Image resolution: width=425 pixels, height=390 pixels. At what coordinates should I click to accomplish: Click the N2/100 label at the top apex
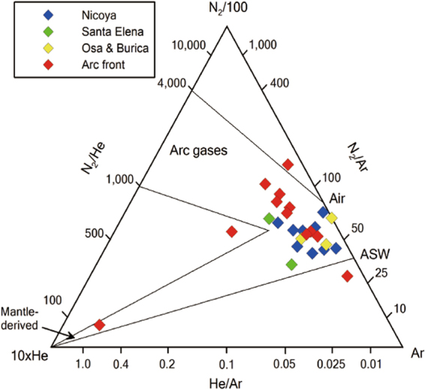[225, 10]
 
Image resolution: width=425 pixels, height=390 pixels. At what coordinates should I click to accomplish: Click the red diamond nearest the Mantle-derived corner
[99, 325]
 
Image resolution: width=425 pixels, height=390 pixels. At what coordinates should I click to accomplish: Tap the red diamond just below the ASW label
[347, 277]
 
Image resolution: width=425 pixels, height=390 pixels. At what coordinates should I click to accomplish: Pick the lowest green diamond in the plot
[291, 264]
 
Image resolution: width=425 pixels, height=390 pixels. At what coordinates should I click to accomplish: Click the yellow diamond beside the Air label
[331, 218]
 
